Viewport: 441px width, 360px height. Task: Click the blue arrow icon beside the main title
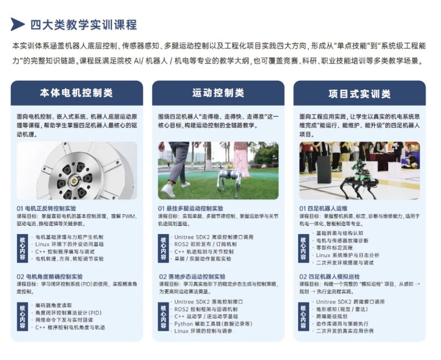[17, 24]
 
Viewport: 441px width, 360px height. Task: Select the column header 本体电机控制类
[77, 93]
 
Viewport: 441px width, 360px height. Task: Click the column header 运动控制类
[218, 93]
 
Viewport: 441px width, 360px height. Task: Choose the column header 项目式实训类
[359, 93]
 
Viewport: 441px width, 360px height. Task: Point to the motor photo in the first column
[77, 170]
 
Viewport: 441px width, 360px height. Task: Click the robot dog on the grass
[229, 180]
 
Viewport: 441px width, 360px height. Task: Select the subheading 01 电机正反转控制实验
[55, 208]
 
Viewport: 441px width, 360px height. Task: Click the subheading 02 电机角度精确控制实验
[57, 276]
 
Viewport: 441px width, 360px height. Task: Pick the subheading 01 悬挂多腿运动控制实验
[190, 208]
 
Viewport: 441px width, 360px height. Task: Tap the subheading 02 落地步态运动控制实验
[192, 276]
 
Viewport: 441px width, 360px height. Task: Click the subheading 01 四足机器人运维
[323, 208]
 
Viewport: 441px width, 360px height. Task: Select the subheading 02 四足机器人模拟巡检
[330, 276]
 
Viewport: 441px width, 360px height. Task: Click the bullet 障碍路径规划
[335, 316]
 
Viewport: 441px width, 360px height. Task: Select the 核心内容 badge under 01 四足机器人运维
[303, 248]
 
